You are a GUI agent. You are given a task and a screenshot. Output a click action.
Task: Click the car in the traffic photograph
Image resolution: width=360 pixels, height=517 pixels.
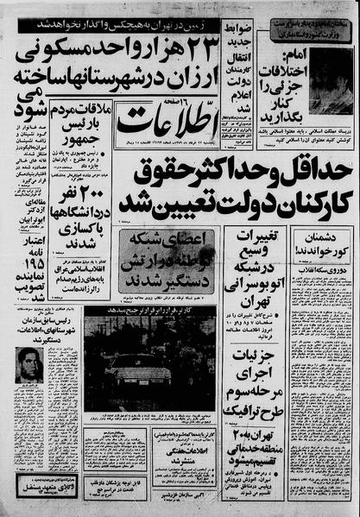147,363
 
